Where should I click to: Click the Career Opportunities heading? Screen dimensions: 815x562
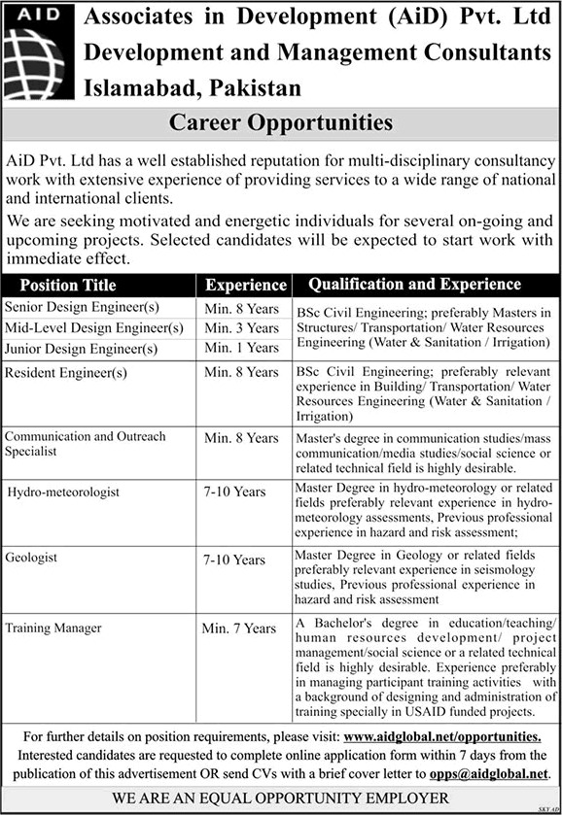pos(281,123)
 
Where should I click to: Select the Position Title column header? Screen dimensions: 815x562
pos(68,286)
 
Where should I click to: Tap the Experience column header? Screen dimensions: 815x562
pos(244,286)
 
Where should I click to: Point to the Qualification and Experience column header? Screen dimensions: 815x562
pos(414,285)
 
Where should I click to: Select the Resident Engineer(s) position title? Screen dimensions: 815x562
pos(66,372)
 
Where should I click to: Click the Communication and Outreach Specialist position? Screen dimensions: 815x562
pos(86,444)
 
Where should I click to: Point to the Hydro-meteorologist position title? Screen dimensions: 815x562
pos(64,492)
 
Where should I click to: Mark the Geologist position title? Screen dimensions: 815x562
pos(32,559)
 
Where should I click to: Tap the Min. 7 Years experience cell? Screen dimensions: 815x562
pos(239,628)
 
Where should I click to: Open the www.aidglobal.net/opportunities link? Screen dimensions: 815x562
pos(442,737)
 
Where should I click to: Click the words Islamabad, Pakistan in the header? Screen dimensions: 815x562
pos(193,87)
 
